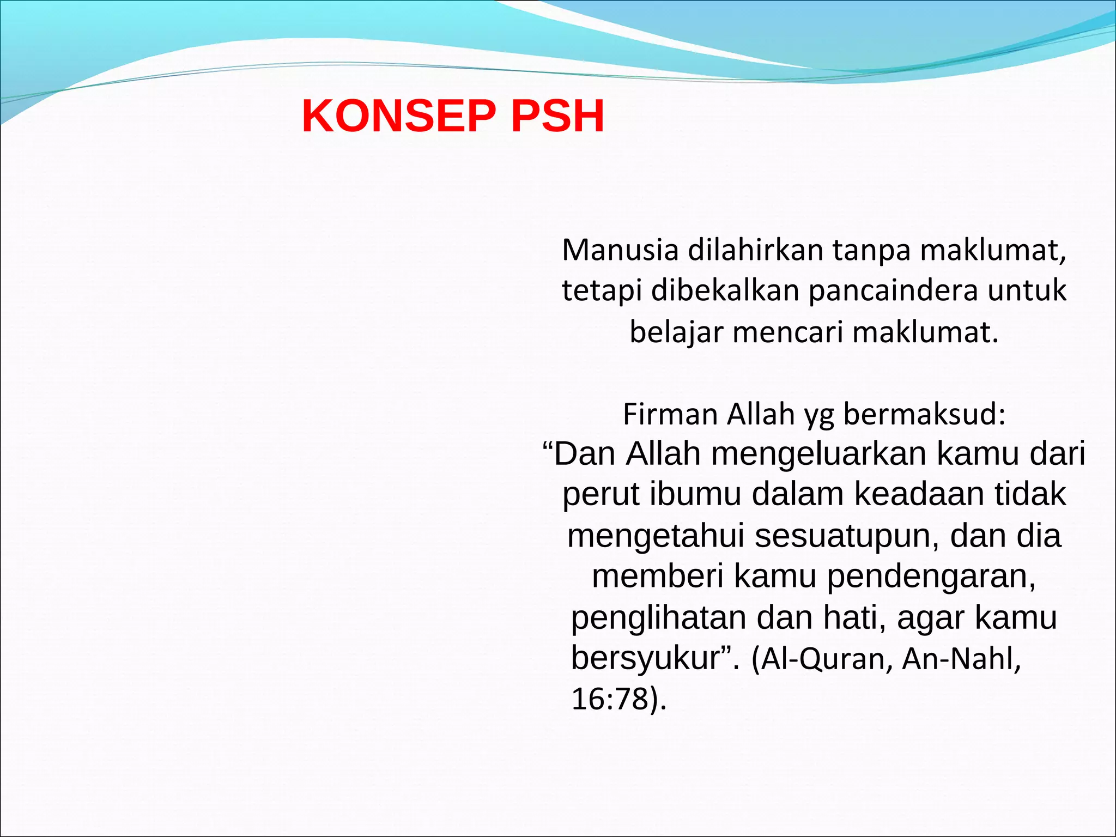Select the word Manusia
click(620, 250)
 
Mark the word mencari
click(787, 332)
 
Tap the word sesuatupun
click(847, 535)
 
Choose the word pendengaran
click(931, 577)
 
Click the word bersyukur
click(646, 658)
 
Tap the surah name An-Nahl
click(960, 658)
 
